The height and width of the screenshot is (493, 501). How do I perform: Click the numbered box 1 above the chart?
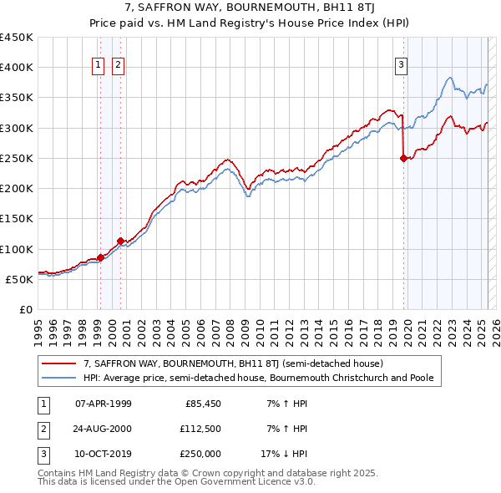pyautogui.click(x=98, y=65)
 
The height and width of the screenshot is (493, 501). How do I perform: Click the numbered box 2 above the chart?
pyautogui.click(x=118, y=65)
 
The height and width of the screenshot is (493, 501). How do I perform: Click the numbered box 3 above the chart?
pyautogui.click(x=402, y=65)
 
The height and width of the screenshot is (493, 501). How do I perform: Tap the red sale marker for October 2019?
pyautogui.click(x=404, y=158)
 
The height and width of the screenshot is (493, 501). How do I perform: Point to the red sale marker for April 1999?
pyautogui.click(x=100, y=257)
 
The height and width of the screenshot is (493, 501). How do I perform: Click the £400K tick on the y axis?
pyautogui.click(x=17, y=68)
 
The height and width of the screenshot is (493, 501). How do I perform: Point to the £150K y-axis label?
pyautogui.click(x=17, y=219)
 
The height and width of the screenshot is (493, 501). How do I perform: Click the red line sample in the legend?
pyautogui.click(x=58, y=364)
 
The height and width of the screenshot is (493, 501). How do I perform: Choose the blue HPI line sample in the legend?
pyautogui.click(x=58, y=378)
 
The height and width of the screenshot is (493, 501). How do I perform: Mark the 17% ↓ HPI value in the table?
pyautogui.click(x=285, y=454)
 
